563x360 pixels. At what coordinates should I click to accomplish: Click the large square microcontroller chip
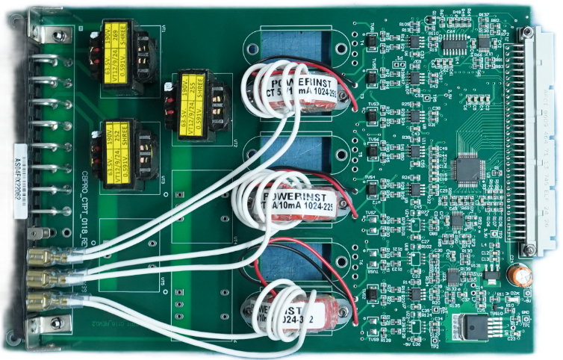468,170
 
